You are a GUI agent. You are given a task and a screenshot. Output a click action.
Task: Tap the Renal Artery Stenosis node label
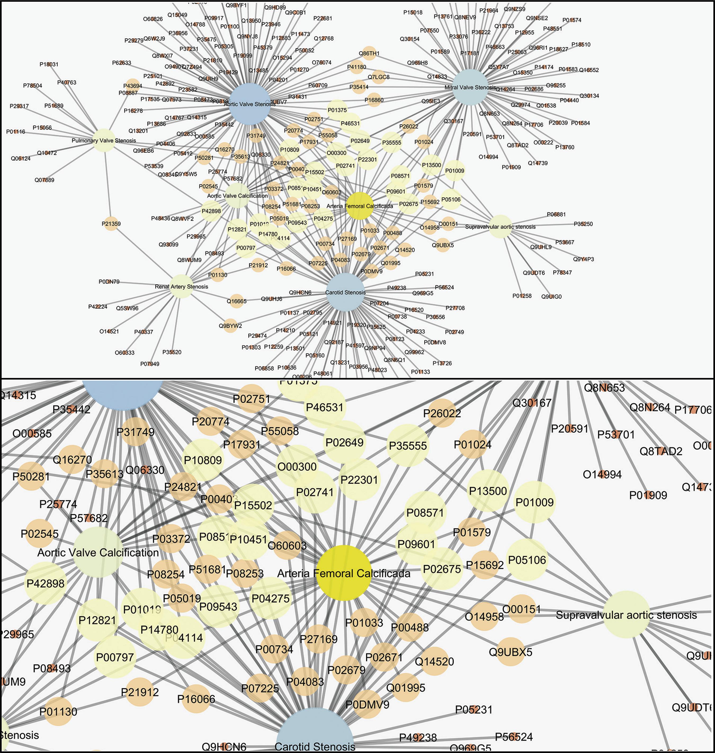pyautogui.click(x=181, y=286)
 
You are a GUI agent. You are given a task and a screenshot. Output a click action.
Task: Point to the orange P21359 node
pyautogui.click(x=111, y=224)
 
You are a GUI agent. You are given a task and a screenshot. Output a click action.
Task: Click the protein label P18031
pyautogui.click(x=49, y=64)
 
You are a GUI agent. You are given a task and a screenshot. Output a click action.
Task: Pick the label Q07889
pyautogui.click(x=44, y=180)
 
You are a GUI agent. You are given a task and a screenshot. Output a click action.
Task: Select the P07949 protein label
pyautogui.click(x=150, y=364)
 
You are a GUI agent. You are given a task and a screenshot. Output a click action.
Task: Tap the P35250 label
pyautogui.click(x=583, y=224)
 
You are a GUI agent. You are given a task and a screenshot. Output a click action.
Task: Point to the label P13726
pyautogui.click(x=442, y=363)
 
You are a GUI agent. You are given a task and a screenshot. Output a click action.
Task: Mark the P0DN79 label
pyautogui.click(x=109, y=282)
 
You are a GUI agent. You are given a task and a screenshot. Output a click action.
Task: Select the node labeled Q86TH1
pyautogui.click(x=369, y=53)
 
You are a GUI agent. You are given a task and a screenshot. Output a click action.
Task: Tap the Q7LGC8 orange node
pyautogui.click(x=378, y=77)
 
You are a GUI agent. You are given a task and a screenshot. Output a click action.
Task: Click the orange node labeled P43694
pyautogui.click(x=132, y=86)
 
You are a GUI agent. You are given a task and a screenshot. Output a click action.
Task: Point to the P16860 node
pyautogui.click(x=374, y=100)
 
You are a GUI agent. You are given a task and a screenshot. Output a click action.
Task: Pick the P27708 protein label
pyautogui.click(x=455, y=308)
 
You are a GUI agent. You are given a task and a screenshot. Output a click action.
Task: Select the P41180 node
pyautogui.click(x=356, y=67)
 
